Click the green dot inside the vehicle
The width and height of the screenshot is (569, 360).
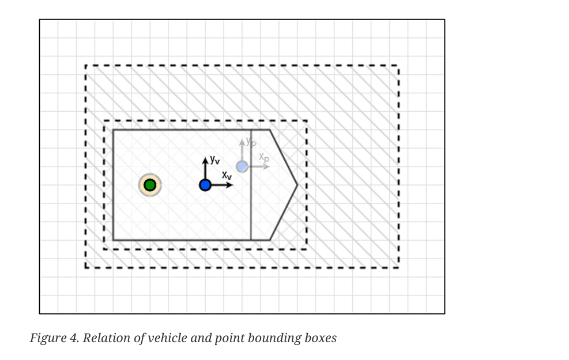150,185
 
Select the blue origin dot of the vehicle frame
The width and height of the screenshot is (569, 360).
205,185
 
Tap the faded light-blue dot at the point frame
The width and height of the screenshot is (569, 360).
242,166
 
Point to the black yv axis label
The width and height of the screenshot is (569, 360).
214,160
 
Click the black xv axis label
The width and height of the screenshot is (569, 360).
227,175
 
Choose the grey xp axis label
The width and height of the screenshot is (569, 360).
263,157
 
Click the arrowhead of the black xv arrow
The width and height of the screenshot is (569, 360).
231,185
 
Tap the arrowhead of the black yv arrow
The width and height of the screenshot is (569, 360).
205,160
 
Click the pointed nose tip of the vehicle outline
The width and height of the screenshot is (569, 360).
297,185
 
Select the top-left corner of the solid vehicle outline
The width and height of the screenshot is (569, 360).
113,130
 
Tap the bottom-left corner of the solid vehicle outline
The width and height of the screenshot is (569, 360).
113,240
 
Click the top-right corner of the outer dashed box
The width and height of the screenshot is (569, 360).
398,66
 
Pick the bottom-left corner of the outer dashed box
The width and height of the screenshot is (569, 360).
86,267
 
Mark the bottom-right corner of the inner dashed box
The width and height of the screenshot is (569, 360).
306,249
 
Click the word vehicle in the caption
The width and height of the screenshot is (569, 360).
167,338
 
